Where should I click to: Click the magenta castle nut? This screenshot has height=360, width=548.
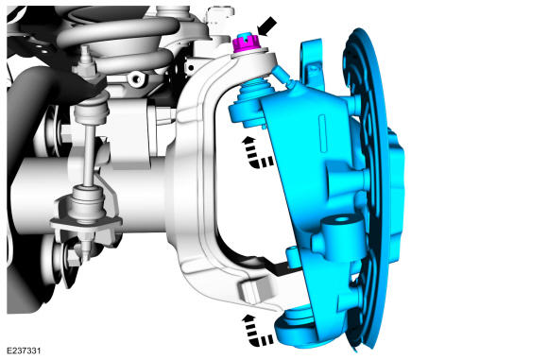pos(246,43)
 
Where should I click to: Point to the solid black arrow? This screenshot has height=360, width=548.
pos(267,26)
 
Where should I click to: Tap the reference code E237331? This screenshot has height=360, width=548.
pos(24,351)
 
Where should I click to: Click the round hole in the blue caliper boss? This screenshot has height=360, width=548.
pos(342,220)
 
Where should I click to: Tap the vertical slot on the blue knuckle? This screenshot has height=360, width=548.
pos(322,133)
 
